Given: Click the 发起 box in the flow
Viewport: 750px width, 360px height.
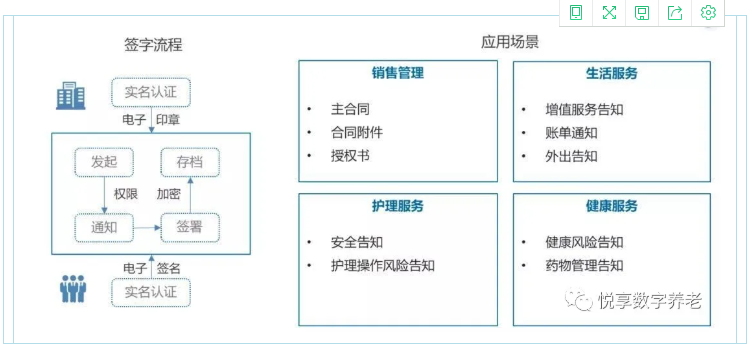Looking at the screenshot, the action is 104,161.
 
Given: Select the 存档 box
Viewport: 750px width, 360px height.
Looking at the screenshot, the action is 190,161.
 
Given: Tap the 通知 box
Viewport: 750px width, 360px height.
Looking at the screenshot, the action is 104,227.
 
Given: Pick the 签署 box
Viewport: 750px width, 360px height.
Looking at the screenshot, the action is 190,227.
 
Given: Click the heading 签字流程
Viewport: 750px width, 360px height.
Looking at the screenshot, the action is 153,44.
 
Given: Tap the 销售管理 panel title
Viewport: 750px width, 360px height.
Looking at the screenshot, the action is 397,73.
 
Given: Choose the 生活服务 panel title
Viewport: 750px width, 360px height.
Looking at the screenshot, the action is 612,73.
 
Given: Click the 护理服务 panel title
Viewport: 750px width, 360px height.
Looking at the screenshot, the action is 397,206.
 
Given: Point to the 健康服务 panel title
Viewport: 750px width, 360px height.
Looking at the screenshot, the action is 612,206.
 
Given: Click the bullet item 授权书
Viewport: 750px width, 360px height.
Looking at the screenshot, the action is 351,157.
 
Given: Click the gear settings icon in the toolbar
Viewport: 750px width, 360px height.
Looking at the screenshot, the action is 709,13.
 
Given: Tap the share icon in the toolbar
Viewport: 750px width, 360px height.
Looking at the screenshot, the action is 676,13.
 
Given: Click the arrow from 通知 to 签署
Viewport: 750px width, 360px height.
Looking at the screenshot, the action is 147,228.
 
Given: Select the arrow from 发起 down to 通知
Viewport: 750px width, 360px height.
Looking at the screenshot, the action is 104,194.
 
